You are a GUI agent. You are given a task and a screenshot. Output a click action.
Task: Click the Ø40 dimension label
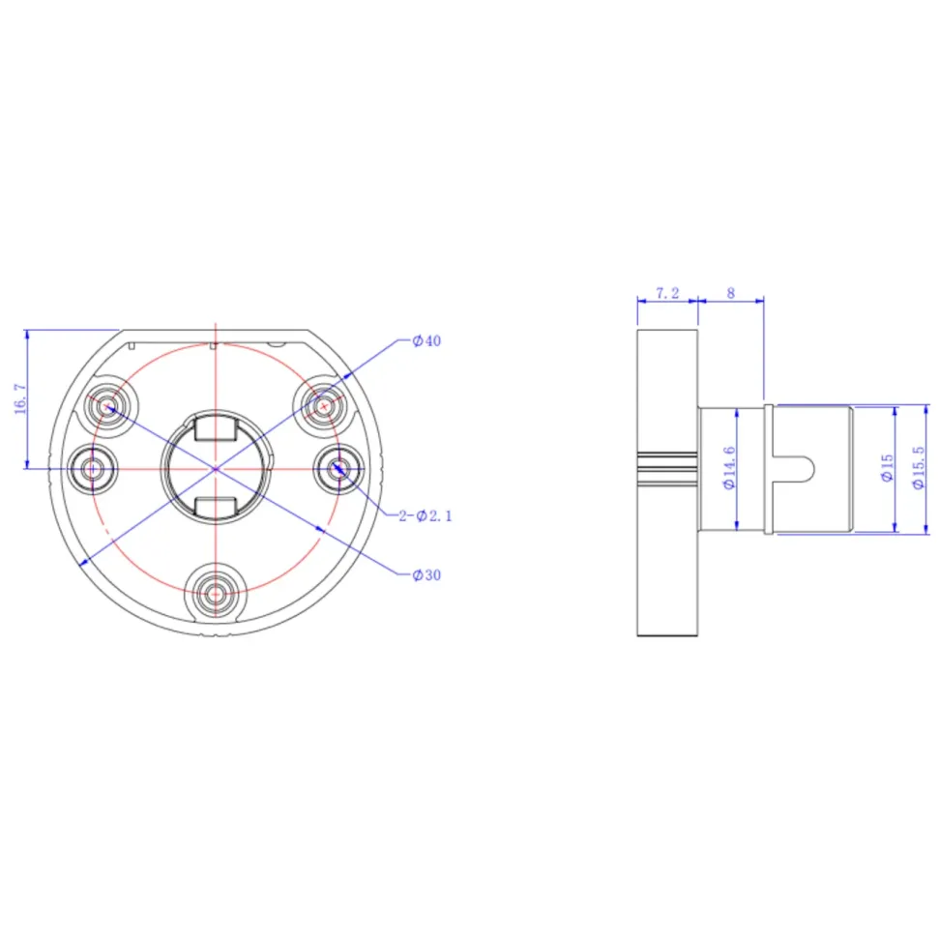pos(426,341)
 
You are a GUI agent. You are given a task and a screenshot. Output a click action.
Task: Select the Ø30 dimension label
pos(426,575)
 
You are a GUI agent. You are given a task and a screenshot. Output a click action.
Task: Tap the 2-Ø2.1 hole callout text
pos(425,515)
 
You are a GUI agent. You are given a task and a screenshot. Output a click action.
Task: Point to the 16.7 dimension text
pos(20,399)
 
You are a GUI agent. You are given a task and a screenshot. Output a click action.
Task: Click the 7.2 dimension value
pos(667,293)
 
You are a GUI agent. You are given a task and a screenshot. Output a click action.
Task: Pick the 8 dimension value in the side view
pos(730,293)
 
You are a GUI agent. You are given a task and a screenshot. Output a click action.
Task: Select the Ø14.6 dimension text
pos(728,468)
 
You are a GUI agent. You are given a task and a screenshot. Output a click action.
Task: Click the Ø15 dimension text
pos(887,467)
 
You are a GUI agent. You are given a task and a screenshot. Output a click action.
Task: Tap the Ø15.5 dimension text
pos(919,467)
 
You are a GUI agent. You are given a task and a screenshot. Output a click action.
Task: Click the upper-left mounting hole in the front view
pos(108,407)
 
